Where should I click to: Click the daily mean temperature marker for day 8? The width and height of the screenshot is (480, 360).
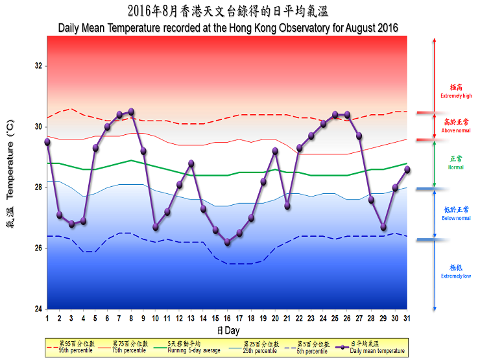(x=131, y=112)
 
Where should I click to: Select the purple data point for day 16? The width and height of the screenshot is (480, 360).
(x=227, y=243)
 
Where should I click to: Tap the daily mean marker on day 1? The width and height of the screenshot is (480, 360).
(x=47, y=141)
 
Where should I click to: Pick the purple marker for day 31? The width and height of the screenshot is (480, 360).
(x=407, y=169)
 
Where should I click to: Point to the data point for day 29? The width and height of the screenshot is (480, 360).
(x=383, y=227)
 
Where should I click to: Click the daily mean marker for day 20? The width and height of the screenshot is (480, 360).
(x=275, y=151)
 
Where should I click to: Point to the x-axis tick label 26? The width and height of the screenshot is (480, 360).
(x=347, y=318)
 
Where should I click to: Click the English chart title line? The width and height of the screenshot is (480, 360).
(x=228, y=28)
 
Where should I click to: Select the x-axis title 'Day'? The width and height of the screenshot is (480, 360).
(x=228, y=330)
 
